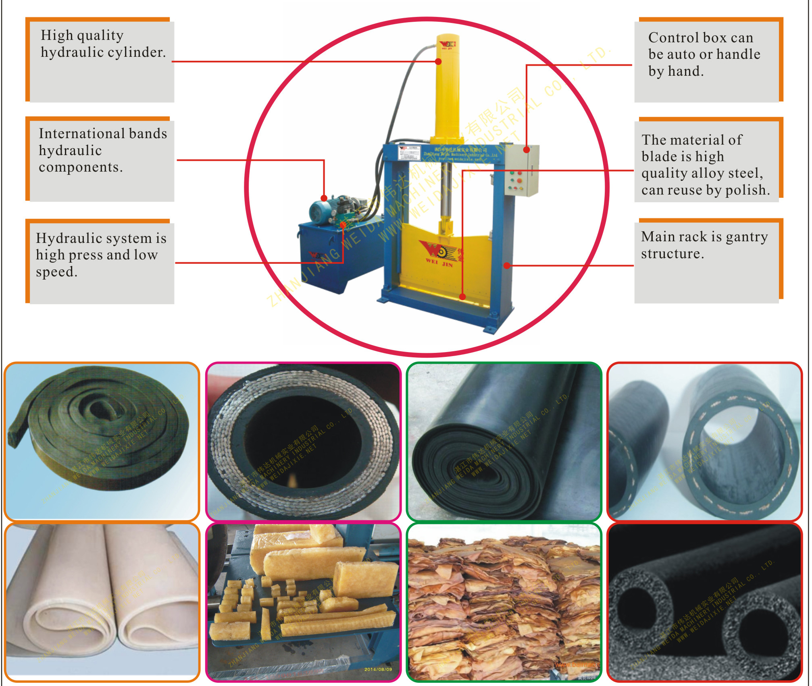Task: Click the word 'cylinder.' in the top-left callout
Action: point(141,52)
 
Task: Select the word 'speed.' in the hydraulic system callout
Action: point(56,272)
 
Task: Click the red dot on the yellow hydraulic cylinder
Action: point(438,62)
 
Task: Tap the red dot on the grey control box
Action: point(526,150)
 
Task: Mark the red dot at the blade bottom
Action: point(462,297)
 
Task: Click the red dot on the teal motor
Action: point(324,198)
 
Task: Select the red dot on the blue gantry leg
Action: point(507,265)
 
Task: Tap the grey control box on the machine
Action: point(522,171)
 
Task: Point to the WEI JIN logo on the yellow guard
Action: point(439,254)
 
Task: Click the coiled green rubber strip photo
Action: point(102,441)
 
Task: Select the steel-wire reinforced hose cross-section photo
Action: point(303,441)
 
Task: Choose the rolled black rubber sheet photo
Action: point(504,441)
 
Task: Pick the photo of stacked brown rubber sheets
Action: point(504,602)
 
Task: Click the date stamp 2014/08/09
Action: point(378,669)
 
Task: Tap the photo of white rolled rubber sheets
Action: point(102,602)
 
